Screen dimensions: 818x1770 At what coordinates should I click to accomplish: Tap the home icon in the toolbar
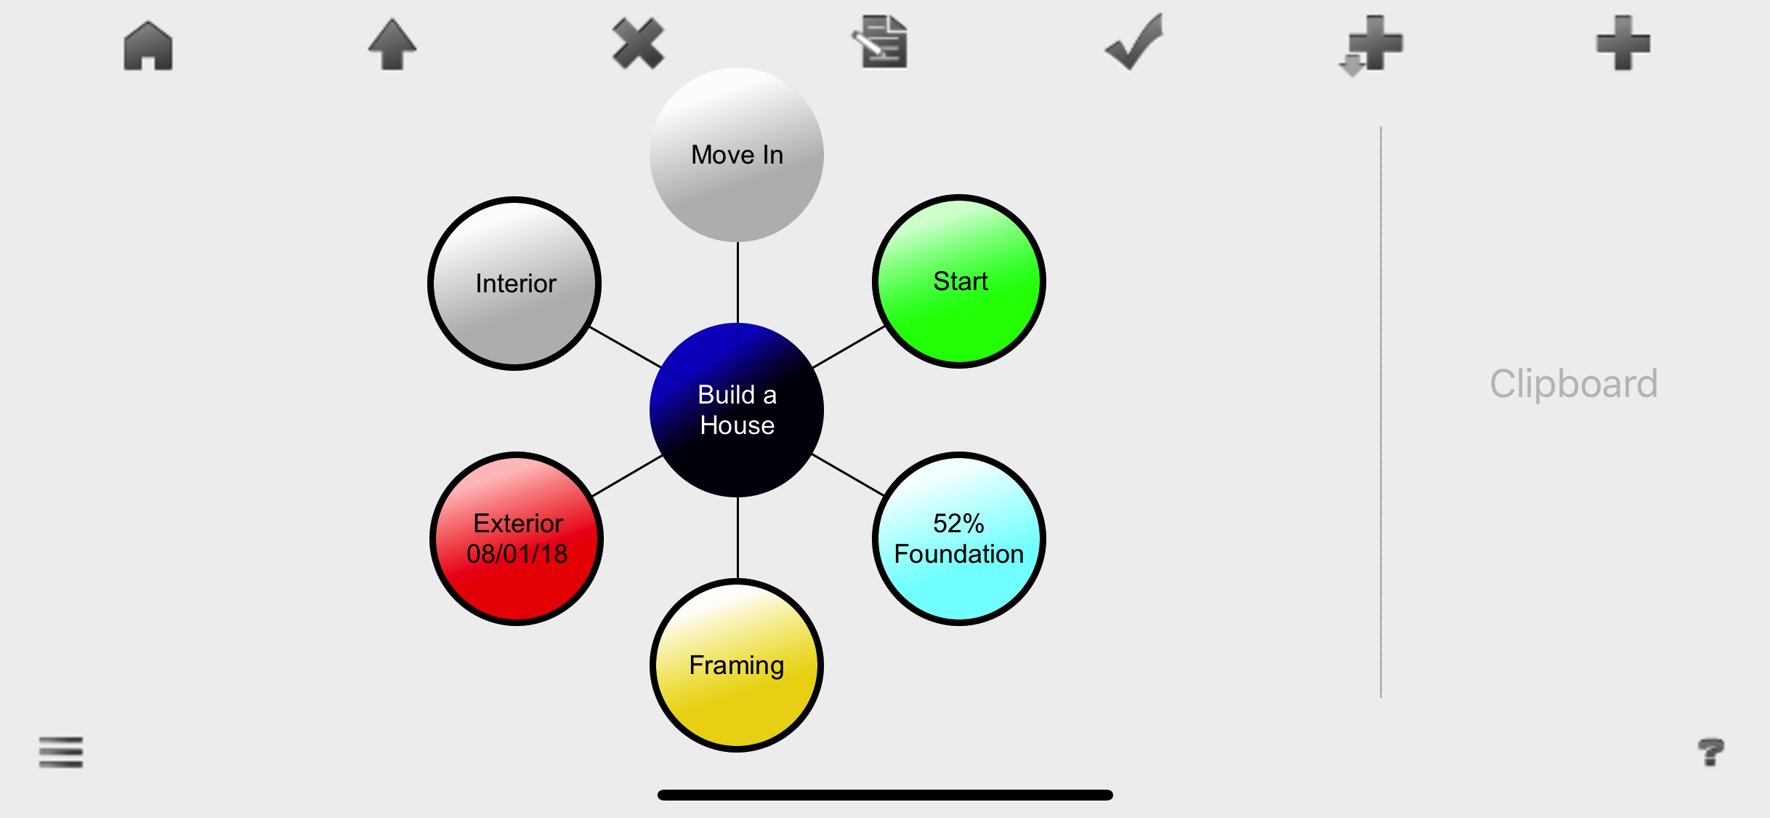tap(148, 45)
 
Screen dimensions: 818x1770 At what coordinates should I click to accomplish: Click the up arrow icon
tap(392, 45)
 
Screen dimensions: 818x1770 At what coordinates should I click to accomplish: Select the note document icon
tap(881, 42)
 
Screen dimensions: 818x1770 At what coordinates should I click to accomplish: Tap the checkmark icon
tap(1133, 44)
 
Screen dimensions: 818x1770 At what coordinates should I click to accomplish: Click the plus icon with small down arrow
tap(1371, 45)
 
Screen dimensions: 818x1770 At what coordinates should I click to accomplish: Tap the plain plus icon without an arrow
tap(1622, 44)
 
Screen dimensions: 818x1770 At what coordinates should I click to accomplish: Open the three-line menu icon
tap(61, 752)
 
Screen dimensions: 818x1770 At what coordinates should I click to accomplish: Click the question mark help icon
tap(1711, 752)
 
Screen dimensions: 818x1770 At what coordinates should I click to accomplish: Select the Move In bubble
tap(737, 155)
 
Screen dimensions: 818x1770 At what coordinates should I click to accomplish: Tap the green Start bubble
tap(959, 281)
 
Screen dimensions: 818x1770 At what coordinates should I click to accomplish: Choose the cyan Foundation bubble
tap(959, 539)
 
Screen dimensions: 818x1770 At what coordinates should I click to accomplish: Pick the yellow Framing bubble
tap(737, 665)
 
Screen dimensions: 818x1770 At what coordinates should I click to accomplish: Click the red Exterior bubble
tap(517, 539)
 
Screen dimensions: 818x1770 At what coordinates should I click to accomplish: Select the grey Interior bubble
tap(515, 284)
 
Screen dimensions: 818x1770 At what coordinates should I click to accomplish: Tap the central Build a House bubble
tap(737, 410)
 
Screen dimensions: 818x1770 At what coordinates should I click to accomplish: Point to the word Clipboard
tap(1574, 384)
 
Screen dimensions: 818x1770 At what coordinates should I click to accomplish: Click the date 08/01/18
tap(517, 554)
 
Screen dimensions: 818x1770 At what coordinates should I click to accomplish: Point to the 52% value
tap(958, 524)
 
